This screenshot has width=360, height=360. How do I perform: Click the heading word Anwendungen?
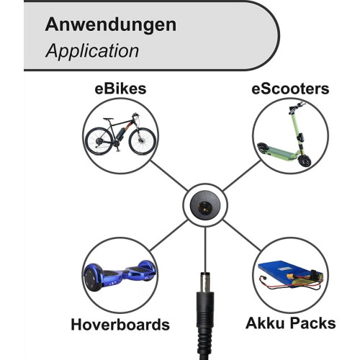click(x=111, y=26)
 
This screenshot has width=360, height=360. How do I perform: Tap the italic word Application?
click(x=92, y=51)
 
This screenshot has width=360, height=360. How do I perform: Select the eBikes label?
click(x=120, y=89)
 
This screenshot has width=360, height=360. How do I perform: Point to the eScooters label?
click(x=290, y=89)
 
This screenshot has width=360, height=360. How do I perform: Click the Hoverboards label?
click(x=120, y=325)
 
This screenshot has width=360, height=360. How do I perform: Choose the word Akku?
click(x=265, y=323)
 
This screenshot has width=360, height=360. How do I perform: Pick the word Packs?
click(x=313, y=323)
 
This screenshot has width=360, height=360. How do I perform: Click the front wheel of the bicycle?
click(x=143, y=141)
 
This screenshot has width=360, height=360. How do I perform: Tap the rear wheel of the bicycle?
click(x=99, y=141)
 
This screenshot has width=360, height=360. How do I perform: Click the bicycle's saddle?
click(x=108, y=119)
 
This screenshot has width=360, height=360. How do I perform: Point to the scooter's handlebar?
click(x=297, y=107)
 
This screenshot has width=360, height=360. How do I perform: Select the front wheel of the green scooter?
click(x=305, y=161)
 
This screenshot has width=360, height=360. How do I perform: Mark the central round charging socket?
click(x=205, y=204)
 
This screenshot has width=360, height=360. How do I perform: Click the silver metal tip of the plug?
click(x=205, y=282)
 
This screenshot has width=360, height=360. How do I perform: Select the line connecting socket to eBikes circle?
click(x=169, y=176)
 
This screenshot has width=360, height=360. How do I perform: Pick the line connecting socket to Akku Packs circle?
click(x=242, y=235)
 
